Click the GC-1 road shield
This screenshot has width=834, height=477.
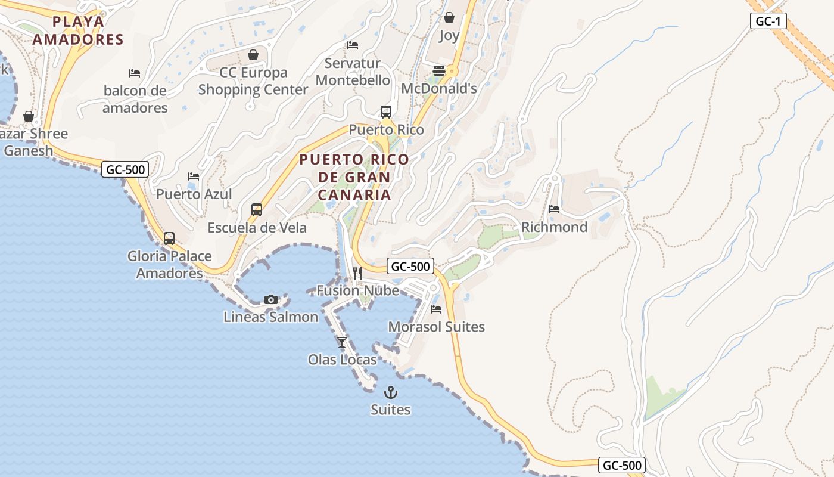click(768, 21)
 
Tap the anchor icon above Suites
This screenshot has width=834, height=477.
click(391, 392)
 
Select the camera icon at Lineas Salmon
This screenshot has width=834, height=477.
click(271, 299)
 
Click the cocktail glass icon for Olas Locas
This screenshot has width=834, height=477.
click(342, 342)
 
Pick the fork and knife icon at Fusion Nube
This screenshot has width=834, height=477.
click(357, 273)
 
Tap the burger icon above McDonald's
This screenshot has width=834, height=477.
click(439, 71)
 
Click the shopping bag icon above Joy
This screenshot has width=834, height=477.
click(449, 18)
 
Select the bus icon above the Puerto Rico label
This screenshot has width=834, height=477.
click(386, 112)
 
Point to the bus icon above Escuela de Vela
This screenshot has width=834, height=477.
click(257, 210)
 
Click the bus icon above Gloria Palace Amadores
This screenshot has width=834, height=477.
click(169, 238)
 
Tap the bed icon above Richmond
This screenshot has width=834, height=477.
click(554, 209)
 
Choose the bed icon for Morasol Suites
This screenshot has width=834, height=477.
click(436, 309)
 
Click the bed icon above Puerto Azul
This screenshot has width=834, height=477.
click(194, 176)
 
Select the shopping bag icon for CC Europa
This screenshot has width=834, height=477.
click(253, 55)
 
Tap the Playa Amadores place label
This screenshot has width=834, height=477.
click(78, 30)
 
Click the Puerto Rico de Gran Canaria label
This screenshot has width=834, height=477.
click(354, 177)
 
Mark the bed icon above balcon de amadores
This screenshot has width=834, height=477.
click(135, 73)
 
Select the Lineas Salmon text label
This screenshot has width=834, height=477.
click(271, 317)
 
